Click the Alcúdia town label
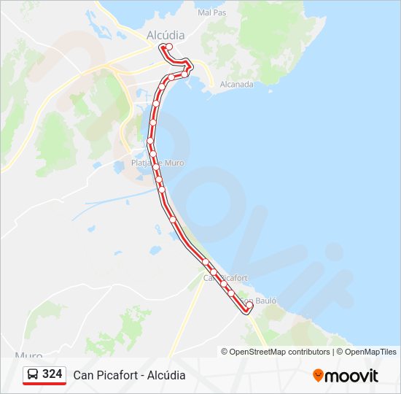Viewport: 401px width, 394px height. tap(166, 34)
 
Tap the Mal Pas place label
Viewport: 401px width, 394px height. tap(211, 12)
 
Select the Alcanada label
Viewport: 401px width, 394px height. tap(236, 84)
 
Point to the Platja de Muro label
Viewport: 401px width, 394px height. tap(157, 163)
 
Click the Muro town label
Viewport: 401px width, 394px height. tap(28, 355)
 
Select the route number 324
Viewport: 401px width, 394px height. tap(52, 374)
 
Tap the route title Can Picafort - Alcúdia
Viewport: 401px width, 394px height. tap(129, 375)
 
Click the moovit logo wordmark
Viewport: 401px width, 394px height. tap(352, 376)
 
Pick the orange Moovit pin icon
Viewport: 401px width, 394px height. tap(318, 375)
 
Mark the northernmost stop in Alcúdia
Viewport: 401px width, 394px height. tap(169, 47)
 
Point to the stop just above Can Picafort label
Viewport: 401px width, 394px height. tap(206, 262)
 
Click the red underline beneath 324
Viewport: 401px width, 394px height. tap(44, 384)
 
